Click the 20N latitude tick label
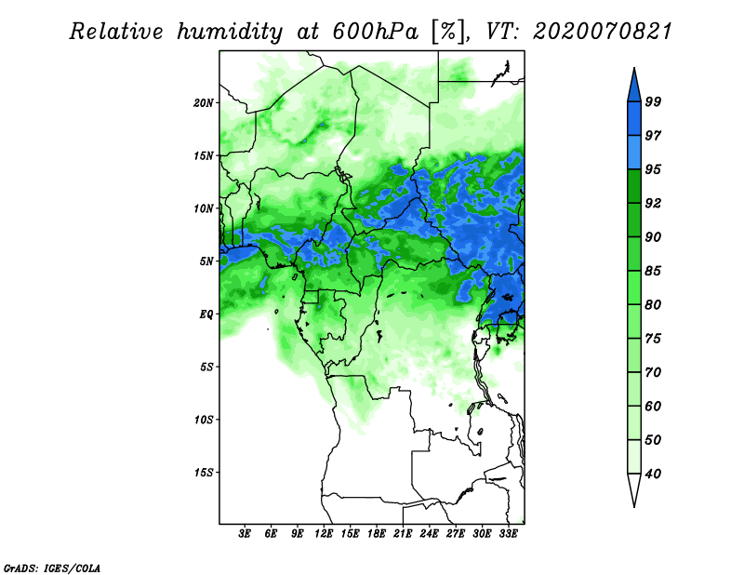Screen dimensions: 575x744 point(204,102)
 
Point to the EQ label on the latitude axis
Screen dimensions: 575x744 point(206,314)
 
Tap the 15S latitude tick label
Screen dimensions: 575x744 point(204,473)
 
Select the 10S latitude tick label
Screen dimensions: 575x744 point(204,420)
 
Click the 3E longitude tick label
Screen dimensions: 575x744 point(246,535)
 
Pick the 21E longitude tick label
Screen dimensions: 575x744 point(404,535)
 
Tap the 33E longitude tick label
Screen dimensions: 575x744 point(509,535)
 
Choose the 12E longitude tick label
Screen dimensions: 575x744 point(325,535)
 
